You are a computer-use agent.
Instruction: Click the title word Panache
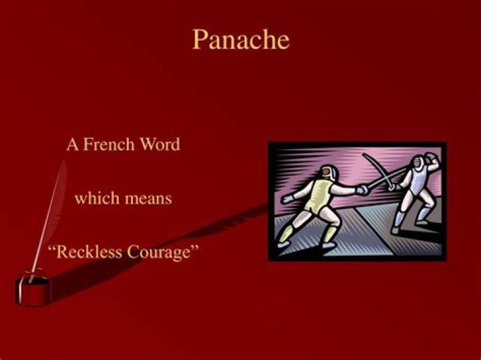[240, 39]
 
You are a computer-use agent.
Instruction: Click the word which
[93, 198]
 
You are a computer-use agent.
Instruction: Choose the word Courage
[162, 252]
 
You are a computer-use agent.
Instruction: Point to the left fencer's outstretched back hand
[287, 199]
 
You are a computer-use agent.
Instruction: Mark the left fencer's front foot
[328, 245]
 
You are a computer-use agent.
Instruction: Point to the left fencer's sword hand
[361, 190]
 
